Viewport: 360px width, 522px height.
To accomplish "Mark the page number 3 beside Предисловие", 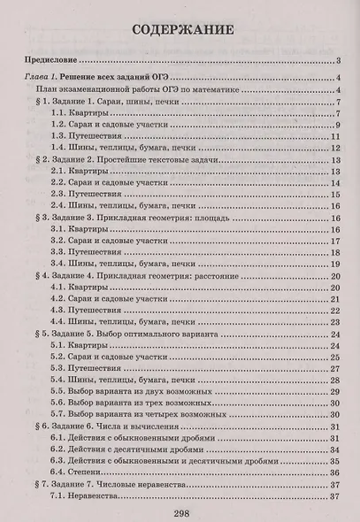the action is (340, 60).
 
